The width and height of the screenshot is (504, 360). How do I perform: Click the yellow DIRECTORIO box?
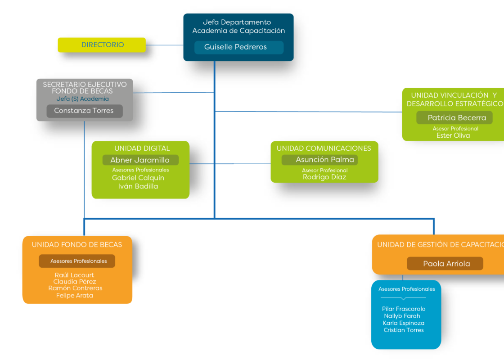(x=102, y=45)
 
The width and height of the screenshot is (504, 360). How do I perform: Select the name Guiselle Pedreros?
(x=235, y=47)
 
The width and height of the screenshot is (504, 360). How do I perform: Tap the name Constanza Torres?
(x=84, y=111)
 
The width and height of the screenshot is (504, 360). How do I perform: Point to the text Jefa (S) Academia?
(x=83, y=99)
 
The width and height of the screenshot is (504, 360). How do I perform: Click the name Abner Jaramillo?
(x=140, y=160)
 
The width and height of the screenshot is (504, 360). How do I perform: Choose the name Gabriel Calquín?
(x=138, y=178)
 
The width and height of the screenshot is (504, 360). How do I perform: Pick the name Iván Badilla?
(x=138, y=186)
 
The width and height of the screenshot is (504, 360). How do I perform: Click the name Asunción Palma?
(x=324, y=160)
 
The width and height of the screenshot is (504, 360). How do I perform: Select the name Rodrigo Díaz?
(x=324, y=177)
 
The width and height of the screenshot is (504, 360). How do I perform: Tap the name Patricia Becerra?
(x=457, y=118)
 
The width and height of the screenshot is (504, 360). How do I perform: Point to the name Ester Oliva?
(x=453, y=135)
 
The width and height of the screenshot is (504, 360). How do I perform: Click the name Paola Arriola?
(x=446, y=264)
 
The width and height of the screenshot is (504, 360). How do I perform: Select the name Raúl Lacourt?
(x=74, y=275)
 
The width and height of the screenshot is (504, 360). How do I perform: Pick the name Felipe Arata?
(x=75, y=295)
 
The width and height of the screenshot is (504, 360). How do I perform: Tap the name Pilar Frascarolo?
(x=404, y=309)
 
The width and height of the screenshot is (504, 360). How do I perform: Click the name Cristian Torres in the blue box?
(x=404, y=330)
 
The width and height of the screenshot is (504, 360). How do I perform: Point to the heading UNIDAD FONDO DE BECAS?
(x=77, y=245)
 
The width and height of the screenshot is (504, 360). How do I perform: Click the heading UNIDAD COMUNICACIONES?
(x=324, y=148)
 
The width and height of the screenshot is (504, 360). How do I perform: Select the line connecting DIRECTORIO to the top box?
(x=165, y=45)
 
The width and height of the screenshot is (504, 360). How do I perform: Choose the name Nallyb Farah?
(x=402, y=316)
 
